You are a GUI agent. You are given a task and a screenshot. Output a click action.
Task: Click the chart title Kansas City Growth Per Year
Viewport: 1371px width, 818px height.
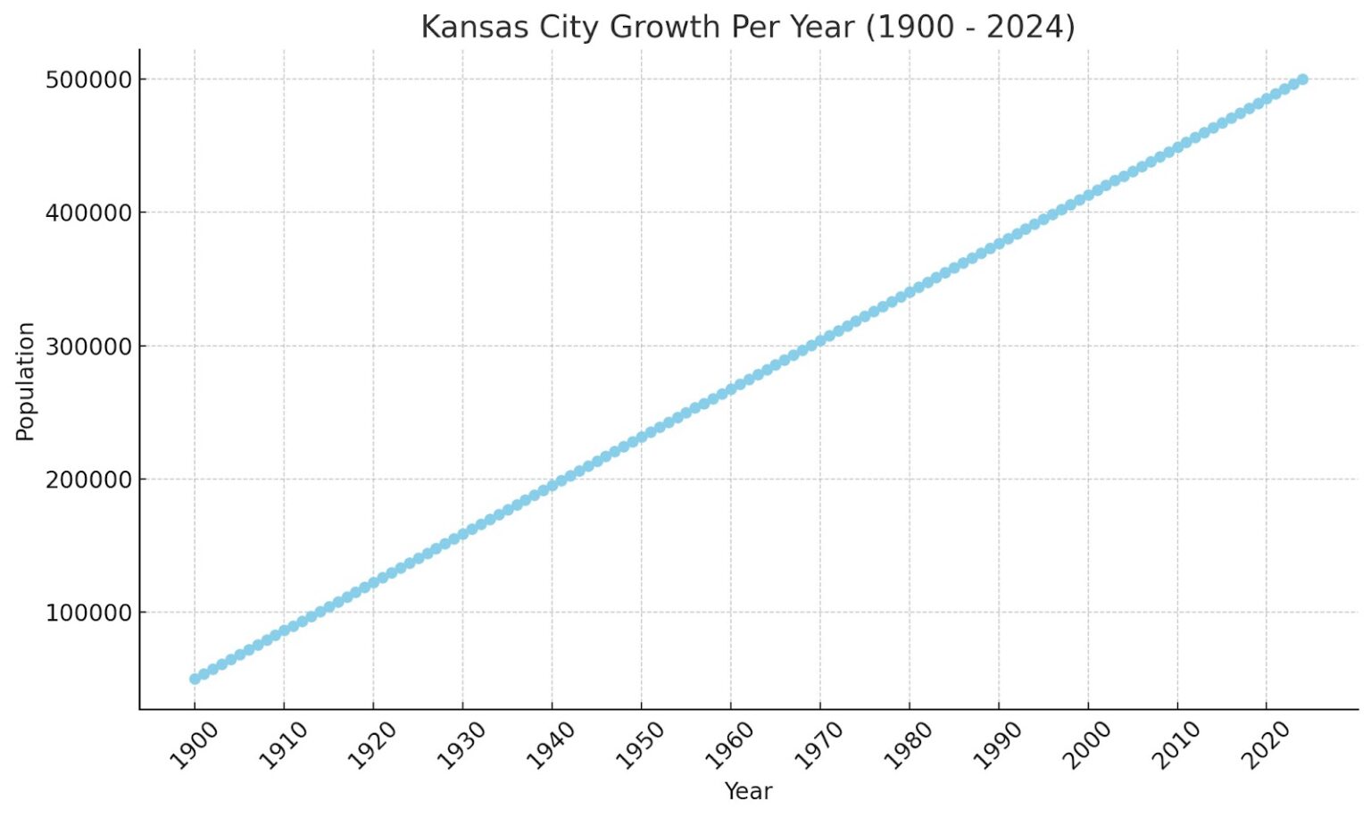(748, 27)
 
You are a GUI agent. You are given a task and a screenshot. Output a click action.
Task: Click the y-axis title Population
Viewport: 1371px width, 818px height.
(25, 381)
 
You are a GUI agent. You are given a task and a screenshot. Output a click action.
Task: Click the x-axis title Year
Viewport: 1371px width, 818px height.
(748, 791)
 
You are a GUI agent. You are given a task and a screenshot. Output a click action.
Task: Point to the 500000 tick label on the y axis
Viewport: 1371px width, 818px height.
(88, 79)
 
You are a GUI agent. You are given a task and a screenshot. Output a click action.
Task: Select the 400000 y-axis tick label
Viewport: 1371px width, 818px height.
(88, 213)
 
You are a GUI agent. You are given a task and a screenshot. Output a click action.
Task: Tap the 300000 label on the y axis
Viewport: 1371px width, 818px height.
(88, 346)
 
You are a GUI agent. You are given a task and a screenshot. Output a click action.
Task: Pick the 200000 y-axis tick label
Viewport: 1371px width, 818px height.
(88, 480)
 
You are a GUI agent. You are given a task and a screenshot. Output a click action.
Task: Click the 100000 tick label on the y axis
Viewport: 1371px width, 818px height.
(88, 613)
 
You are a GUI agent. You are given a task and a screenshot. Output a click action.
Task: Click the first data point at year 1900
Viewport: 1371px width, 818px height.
(195, 679)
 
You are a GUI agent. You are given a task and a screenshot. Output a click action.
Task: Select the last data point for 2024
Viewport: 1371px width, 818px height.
(1302, 79)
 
